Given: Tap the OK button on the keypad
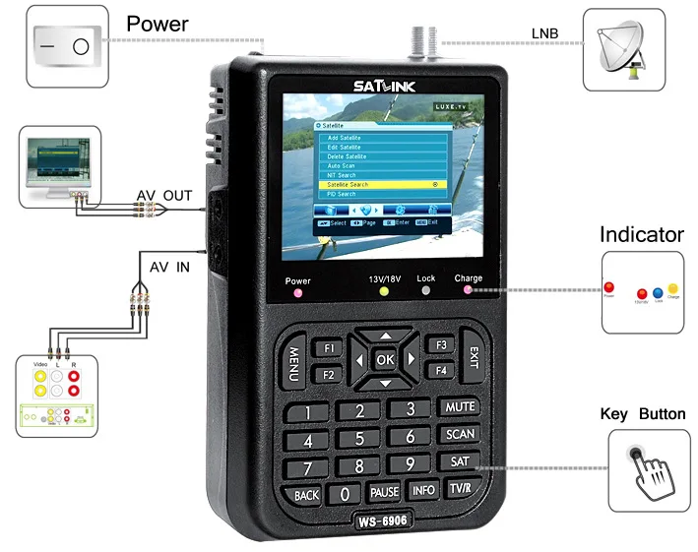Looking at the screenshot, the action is click(384, 359).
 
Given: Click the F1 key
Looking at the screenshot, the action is click(328, 347).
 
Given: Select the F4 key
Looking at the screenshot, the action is click(441, 370).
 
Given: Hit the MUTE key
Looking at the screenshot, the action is click(459, 406).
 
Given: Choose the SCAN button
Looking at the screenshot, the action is click(459, 434).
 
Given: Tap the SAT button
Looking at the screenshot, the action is click(459, 461).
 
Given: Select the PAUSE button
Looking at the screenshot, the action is click(384, 491).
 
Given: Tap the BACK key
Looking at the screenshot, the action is click(306, 494).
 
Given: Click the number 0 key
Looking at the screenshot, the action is click(344, 493).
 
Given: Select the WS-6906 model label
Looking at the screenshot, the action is click(382, 519).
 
